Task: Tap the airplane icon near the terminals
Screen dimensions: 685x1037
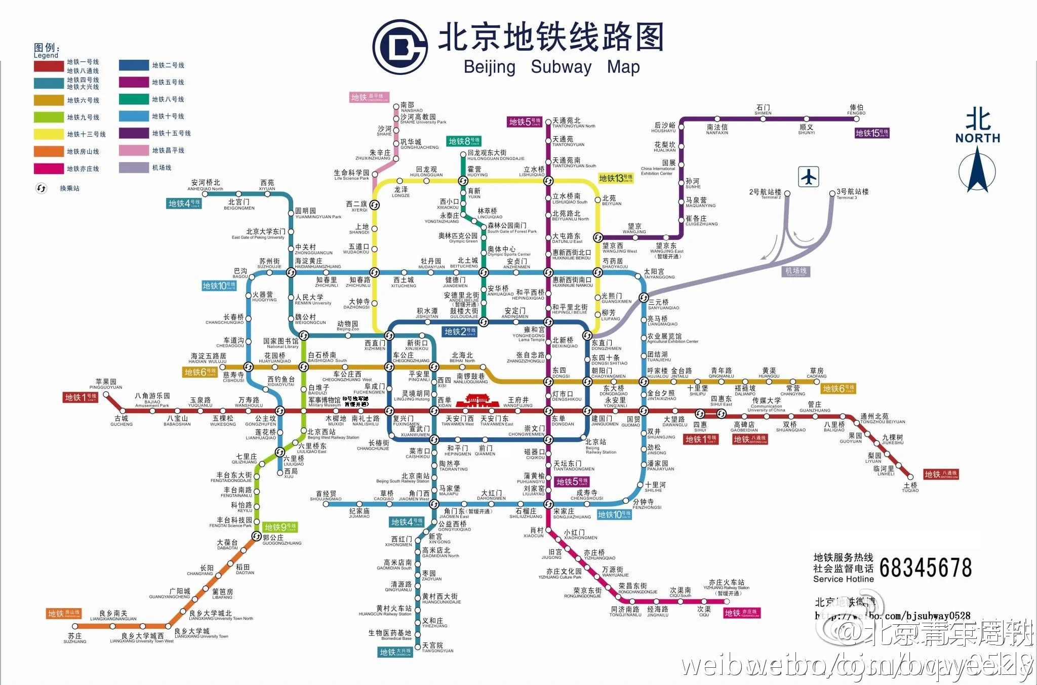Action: click(809, 177)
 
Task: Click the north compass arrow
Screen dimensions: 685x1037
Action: click(977, 172)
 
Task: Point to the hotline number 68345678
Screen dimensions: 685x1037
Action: click(926, 568)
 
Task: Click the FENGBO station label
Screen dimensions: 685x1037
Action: click(856, 110)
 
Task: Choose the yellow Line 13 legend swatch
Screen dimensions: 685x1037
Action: click(49, 134)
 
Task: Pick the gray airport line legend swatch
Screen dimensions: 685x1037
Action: click(134, 168)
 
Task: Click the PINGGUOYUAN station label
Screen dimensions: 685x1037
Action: click(106, 384)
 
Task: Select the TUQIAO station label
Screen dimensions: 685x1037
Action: click(910, 488)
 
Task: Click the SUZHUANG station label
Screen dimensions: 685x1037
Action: click(75, 638)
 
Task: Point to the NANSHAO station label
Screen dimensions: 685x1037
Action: click(412, 107)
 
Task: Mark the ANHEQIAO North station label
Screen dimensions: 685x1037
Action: click(205, 185)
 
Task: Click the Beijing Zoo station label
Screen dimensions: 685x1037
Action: click(347, 326)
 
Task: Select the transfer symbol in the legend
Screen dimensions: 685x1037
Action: click(42, 188)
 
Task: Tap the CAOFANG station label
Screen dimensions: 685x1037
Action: click(816, 373)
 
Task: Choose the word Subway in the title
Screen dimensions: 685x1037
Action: click(561, 67)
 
